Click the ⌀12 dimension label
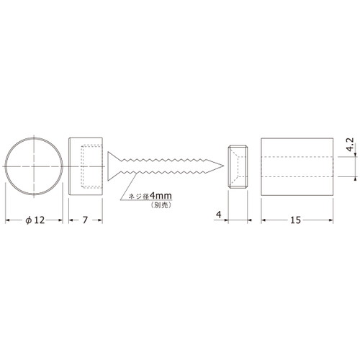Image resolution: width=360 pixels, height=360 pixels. click(35, 220)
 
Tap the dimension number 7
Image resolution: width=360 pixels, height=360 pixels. click(85, 220)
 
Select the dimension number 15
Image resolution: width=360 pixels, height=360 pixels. click(295, 220)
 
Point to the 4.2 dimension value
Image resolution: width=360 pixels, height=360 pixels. click(350, 145)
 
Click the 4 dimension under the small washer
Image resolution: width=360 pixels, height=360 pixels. click(218, 215)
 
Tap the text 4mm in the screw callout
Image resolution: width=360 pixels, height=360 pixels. click(161, 196)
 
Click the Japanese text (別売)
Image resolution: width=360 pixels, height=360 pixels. click(161, 205)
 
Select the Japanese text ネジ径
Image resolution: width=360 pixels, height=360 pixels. click(139, 197)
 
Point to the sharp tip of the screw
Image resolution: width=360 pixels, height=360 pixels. click(223, 166)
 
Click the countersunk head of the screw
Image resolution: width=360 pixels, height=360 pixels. click(114, 166)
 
